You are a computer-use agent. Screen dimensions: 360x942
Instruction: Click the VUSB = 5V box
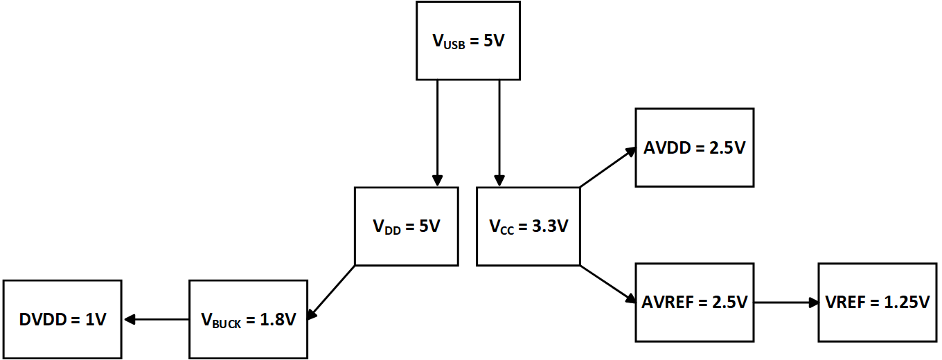click(x=468, y=41)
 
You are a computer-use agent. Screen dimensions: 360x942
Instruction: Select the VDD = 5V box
click(x=407, y=226)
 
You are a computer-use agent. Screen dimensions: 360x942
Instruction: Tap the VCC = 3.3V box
click(x=528, y=226)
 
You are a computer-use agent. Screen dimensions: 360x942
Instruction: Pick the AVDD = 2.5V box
click(x=695, y=147)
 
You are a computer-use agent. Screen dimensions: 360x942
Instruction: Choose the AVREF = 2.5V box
click(x=695, y=303)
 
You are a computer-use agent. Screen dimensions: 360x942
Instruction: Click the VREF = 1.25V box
click(x=878, y=303)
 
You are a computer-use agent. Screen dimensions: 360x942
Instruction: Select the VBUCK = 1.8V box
click(x=249, y=319)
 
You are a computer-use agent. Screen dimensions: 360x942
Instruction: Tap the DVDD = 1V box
click(x=62, y=319)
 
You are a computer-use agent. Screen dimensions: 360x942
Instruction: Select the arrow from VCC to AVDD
click(x=607, y=167)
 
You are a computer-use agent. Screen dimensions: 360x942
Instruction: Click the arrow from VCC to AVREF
click(x=607, y=284)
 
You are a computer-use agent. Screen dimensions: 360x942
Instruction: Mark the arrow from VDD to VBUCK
click(x=331, y=292)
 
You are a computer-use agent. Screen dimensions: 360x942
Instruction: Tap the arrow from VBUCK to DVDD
click(x=156, y=319)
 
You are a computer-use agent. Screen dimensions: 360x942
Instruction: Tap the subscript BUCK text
click(x=227, y=323)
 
